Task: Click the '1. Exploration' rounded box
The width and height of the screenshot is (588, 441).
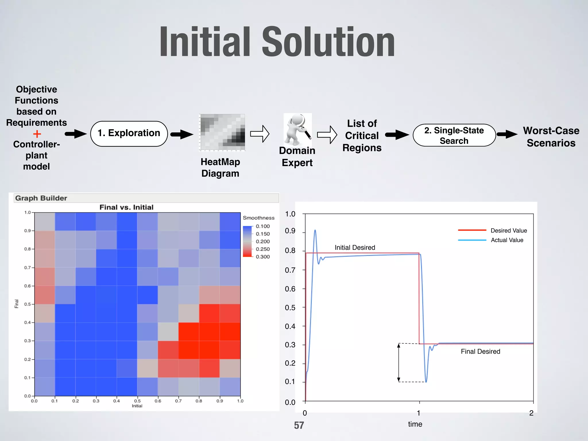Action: coord(129,134)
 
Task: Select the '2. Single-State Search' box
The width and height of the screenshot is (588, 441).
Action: coord(454,135)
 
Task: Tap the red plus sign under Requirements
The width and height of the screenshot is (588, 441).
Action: coord(37,134)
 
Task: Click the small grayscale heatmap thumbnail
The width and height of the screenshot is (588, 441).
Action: coord(222,132)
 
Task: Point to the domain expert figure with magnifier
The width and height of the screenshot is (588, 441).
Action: coord(297,129)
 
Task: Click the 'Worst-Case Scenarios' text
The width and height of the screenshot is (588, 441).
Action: coord(551,137)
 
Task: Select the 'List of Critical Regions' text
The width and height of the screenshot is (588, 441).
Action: coord(362,136)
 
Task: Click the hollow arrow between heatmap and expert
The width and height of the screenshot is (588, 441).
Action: coord(260,134)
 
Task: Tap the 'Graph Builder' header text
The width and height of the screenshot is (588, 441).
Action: coord(41,198)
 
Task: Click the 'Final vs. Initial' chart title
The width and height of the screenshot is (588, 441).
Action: coord(126,207)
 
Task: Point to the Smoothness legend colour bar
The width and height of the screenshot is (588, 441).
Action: coord(247,241)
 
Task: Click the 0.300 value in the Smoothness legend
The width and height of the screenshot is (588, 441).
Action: coord(263,257)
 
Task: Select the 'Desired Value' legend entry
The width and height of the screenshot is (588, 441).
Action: coord(508,231)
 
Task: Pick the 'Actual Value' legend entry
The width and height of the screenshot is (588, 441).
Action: coord(507,240)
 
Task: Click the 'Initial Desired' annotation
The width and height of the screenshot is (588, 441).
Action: coord(355,247)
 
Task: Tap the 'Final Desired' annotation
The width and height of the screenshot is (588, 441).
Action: coord(480,351)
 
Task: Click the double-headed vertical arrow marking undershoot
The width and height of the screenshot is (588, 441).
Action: coord(399,362)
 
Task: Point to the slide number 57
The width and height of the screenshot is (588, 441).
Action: coord(299,425)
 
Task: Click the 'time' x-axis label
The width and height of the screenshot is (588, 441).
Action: coord(415,424)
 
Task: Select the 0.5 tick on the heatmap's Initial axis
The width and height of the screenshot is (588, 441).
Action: coord(137,401)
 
